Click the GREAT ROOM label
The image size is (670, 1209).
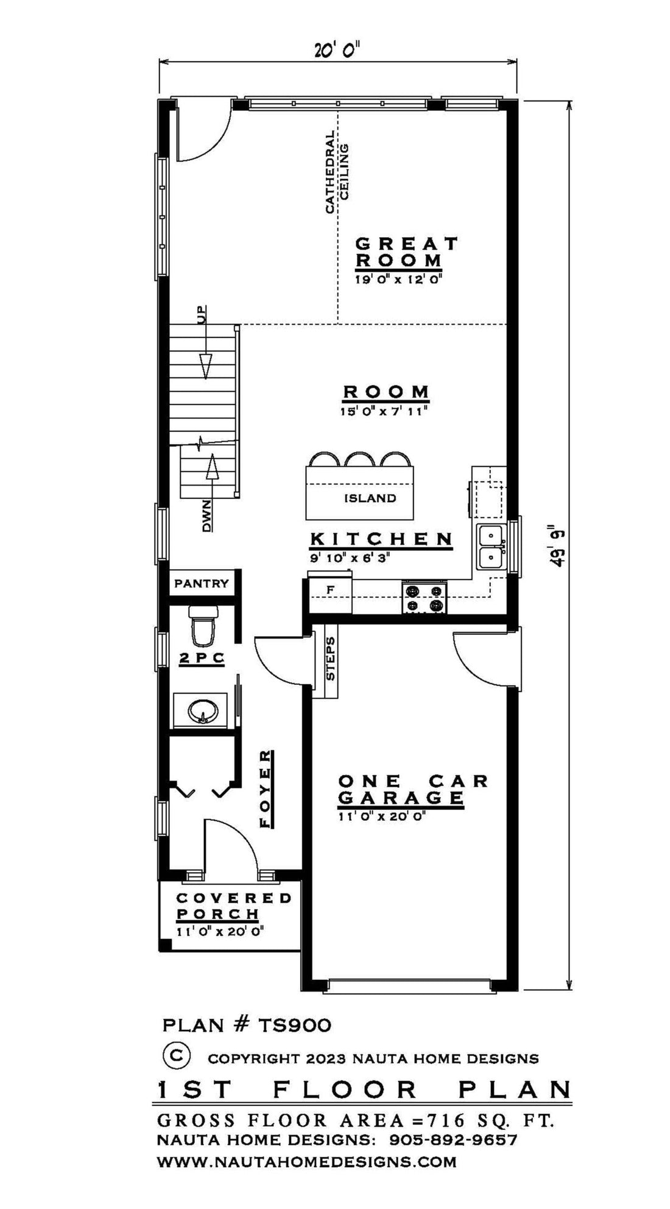(406, 252)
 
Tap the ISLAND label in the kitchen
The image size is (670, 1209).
(370, 498)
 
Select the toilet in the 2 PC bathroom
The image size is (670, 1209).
(202, 626)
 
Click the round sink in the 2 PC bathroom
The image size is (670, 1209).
(202, 709)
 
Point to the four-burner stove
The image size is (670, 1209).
(425, 598)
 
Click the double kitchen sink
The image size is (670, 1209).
(490, 547)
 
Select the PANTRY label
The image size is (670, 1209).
(202, 583)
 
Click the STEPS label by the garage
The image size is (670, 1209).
(331, 659)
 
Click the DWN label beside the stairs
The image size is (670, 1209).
(207, 516)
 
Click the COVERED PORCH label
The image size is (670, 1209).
(234, 906)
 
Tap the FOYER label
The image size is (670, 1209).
(265, 789)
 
